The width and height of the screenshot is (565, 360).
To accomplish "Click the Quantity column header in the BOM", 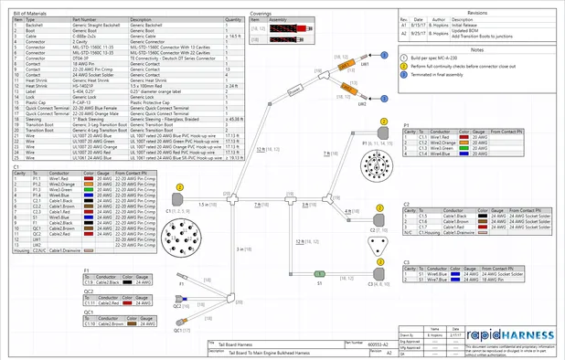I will point(233,18).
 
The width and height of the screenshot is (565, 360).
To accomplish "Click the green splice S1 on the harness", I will point(319,270).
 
